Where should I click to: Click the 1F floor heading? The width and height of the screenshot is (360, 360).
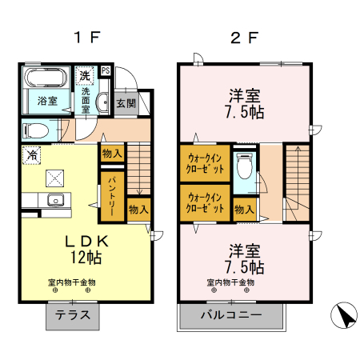[87, 38]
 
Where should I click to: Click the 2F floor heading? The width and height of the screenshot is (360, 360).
[244, 38]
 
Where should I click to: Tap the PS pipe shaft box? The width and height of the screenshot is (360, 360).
[106, 70]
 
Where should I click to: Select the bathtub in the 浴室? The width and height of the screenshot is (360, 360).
[46, 78]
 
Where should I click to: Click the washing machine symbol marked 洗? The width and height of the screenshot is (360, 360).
[85, 75]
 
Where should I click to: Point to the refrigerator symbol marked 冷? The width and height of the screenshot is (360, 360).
[32, 155]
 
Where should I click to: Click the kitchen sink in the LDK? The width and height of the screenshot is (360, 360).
[55, 200]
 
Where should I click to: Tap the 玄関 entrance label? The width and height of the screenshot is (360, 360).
[126, 103]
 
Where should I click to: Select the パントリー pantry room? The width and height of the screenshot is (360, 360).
[112, 197]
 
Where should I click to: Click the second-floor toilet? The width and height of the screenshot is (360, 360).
[245, 166]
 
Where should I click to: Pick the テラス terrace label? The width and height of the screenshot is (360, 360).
[73, 315]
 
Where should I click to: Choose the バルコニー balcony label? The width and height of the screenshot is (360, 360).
[231, 315]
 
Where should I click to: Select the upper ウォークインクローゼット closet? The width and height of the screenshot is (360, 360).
[205, 163]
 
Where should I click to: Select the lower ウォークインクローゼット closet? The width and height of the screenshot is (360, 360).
[205, 203]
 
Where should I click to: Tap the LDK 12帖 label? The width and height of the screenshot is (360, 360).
[86, 249]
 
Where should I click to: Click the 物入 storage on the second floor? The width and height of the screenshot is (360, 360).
[245, 210]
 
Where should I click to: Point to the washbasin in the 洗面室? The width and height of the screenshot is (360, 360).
[102, 103]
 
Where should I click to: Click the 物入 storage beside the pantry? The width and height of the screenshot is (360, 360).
[138, 210]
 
